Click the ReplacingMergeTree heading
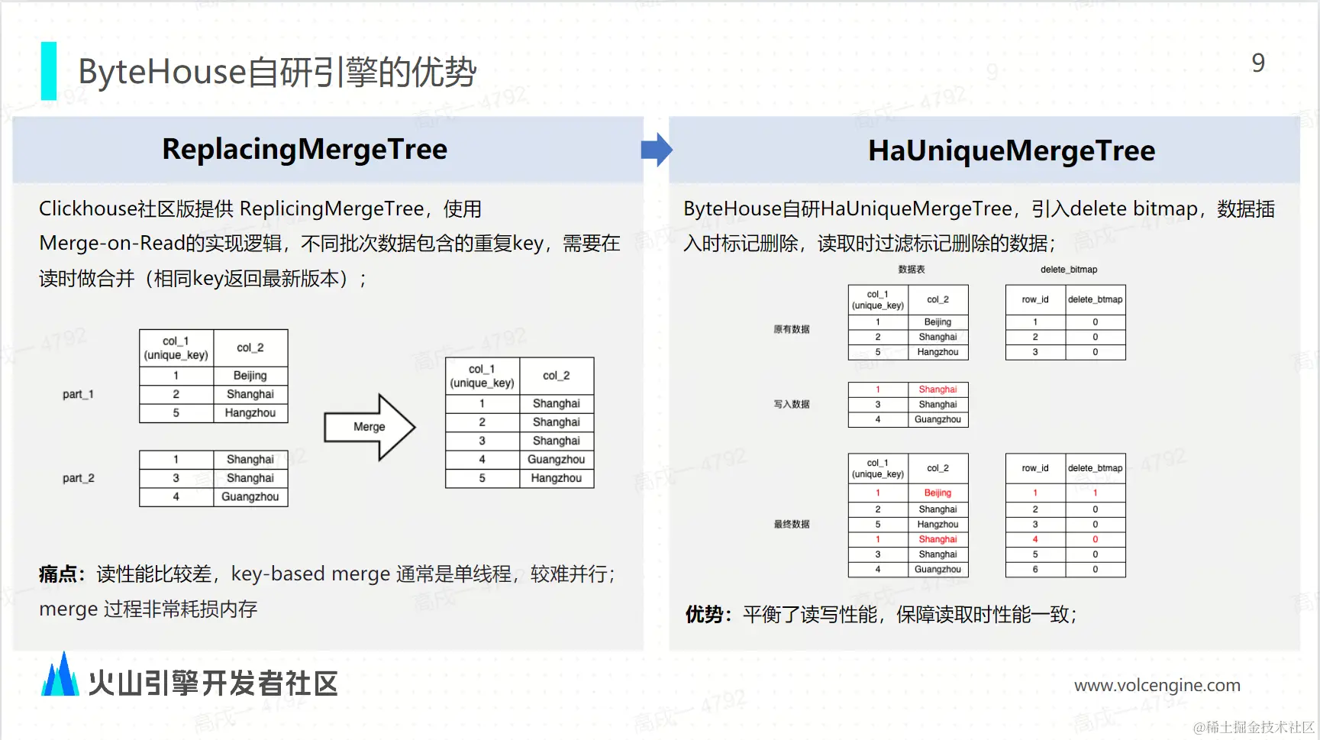coord(305,149)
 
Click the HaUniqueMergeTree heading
coord(1011,150)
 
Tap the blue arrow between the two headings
coord(656,150)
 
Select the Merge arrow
coord(370,427)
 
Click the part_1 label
coord(78,394)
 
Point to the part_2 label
coord(78,478)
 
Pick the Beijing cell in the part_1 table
coord(250,376)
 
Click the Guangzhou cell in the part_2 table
coord(250,496)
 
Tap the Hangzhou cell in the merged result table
coord(556,478)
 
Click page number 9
coord(1258,63)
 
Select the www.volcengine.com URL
coord(1157,685)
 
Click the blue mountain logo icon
coord(60,675)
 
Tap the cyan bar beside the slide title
coord(48,71)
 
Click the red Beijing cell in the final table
coord(938,493)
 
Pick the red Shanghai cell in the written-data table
coord(938,389)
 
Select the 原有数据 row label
coord(791,329)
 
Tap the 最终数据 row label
coord(791,524)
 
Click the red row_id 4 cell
coord(1034,539)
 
